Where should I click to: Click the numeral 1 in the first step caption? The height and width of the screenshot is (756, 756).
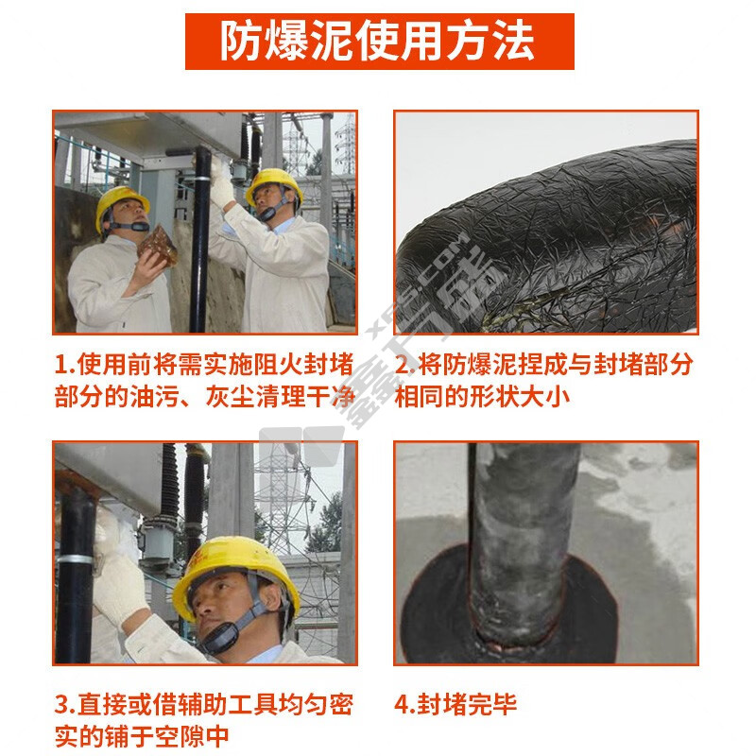(61, 365)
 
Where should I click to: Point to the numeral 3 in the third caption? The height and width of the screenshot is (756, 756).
(61, 705)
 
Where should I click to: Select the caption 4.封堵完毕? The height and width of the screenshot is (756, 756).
(455, 704)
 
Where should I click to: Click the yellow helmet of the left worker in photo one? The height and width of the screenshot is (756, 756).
(121, 205)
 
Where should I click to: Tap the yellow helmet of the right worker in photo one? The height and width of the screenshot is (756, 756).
(273, 185)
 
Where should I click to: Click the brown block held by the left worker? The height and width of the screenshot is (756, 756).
(158, 246)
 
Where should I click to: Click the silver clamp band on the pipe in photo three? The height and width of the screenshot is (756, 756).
(76, 560)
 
